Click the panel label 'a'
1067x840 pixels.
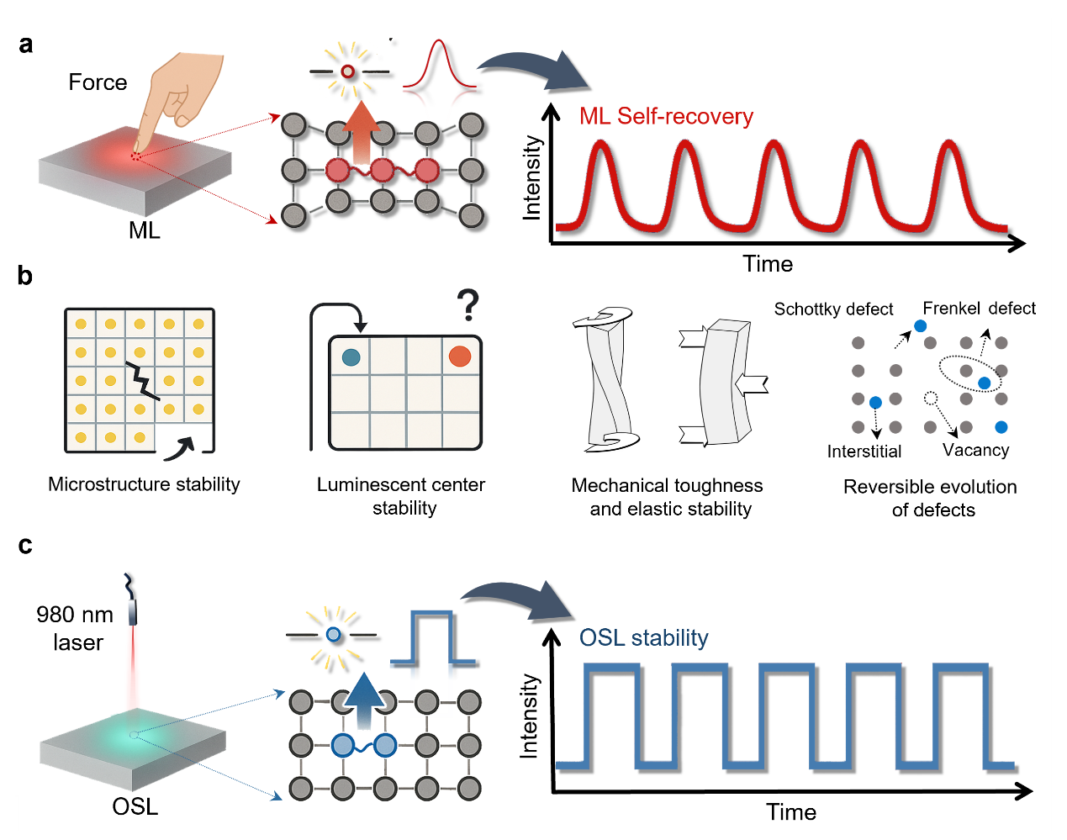pos(26,45)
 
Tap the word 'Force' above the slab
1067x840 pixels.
pos(98,82)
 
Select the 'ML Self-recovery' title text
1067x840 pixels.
pos(666,116)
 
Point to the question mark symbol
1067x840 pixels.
pos(468,305)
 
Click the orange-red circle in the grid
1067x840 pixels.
pos(459,357)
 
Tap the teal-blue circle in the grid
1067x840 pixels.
pos(351,357)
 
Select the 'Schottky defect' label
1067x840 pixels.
pos(833,309)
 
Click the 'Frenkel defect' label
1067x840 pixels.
pos(979,309)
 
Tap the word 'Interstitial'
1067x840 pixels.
pos(864,452)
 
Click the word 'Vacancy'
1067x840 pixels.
pos(975,450)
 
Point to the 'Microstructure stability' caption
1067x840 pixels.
pos(144,484)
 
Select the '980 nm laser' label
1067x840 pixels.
pos(76,628)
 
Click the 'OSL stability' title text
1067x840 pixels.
pos(643,637)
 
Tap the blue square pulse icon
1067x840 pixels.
pos(433,639)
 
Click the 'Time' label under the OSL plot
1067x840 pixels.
pos(790,812)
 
